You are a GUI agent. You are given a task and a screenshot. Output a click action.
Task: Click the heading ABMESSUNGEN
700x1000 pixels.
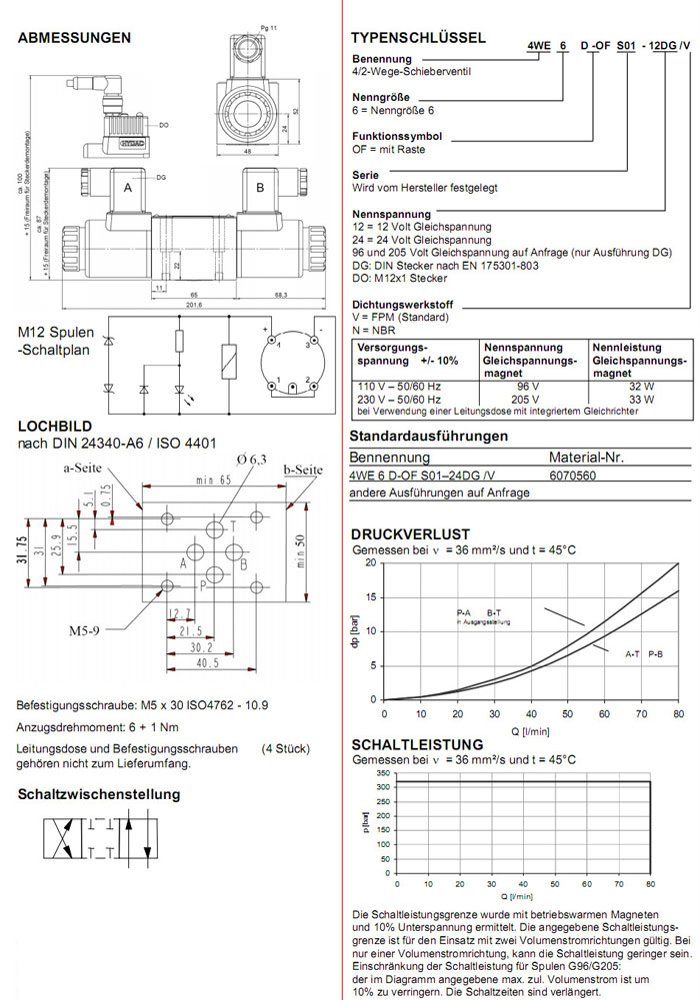coord(75,38)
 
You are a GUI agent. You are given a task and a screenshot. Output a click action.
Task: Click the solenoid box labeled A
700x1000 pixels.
coord(128,189)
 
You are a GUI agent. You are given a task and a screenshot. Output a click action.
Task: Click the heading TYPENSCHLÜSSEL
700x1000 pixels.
coord(418,38)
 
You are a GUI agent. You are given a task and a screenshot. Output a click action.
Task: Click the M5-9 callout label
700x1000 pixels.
coord(87,631)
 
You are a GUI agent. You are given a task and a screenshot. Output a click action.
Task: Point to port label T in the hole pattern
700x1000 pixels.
coord(233,525)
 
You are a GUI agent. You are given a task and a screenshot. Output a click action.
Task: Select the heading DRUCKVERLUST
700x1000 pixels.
coord(410,535)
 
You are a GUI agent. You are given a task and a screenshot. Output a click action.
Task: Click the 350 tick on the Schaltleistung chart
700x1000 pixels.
coord(384,774)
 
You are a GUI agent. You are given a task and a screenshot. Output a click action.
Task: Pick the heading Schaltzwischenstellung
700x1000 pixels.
coord(99,794)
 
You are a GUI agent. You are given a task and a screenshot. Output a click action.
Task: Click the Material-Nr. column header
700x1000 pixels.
coord(587,458)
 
